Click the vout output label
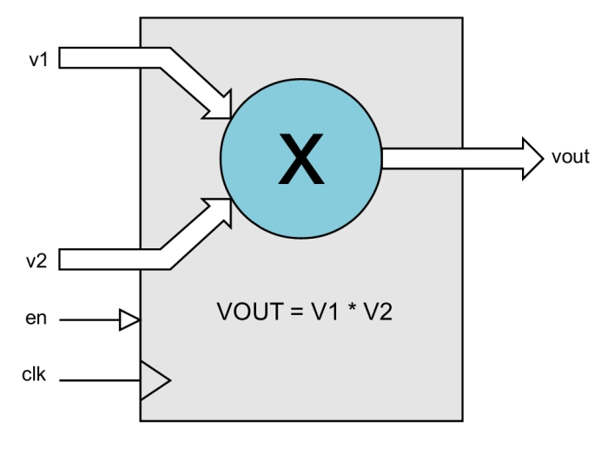[x=571, y=157]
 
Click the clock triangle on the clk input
[x=154, y=379]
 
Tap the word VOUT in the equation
[x=242, y=311]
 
